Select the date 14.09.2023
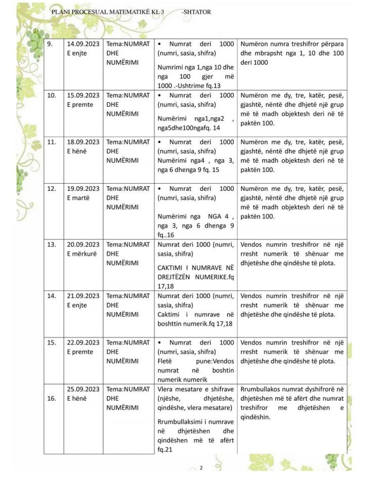click(x=83, y=45)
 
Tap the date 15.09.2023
click(x=83, y=95)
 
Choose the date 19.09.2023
click(x=83, y=189)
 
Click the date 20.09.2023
click(x=83, y=245)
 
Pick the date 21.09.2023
click(x=83, y=296)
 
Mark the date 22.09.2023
click(x=83, y=343)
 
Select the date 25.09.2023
click(x=83, y=389)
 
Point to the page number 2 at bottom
click(x=201, y=468)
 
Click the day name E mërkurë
click(x=82, y=255)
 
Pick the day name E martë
click(x=78, y=198)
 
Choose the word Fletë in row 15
click(x=166, y=361)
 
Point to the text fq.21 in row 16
click(x=165, y=449)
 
